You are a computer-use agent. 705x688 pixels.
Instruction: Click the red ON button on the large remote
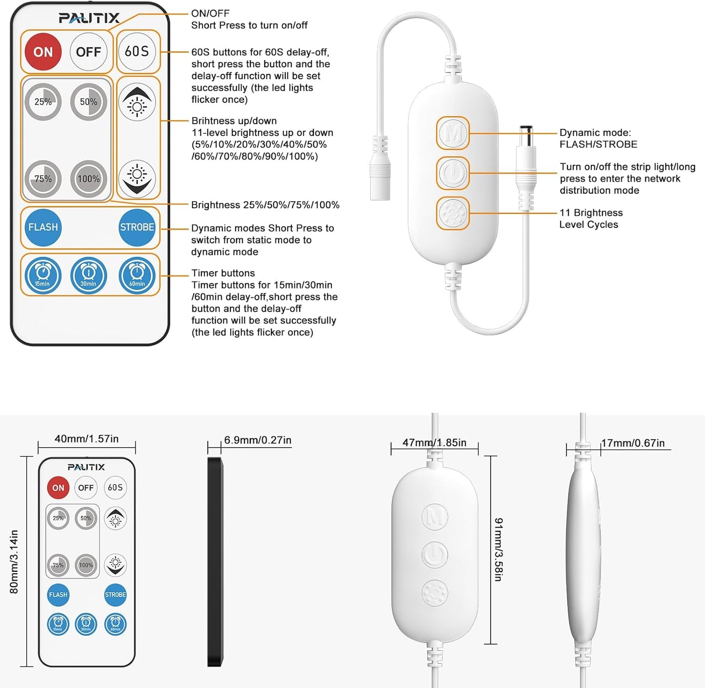(x=43, y=52)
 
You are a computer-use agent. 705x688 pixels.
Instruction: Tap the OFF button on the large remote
(x=88, y=52)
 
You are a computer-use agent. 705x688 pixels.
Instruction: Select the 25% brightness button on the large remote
(x=43, y=102)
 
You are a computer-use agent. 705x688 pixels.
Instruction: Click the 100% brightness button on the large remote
(x=88, y=179)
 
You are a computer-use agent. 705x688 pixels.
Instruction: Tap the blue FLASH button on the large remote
(x=43, y=227)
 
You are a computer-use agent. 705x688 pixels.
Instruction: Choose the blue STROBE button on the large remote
(x=137, y=227)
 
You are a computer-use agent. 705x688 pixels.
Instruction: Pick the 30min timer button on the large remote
(x=88, y=275)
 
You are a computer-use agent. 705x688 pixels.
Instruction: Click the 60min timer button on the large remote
(x=137, y=275)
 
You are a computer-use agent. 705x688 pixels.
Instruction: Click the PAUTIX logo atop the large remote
(x=89, y=18)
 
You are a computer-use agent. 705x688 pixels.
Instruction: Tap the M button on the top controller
(x=453, y=133)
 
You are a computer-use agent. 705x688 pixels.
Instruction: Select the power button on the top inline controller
(x=453, y=173)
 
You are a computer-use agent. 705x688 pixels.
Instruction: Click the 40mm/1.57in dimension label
(x=86, y=439)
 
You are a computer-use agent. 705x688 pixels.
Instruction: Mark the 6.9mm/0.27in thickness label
(x=258, y=440)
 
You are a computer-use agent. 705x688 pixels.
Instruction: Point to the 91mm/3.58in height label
(x=498, y=549)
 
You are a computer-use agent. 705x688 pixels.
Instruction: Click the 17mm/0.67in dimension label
(x=633, y=443)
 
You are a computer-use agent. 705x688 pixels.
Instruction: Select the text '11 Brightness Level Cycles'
(x=590, y=218)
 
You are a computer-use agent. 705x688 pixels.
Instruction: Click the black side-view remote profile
(x=215, y=562)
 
